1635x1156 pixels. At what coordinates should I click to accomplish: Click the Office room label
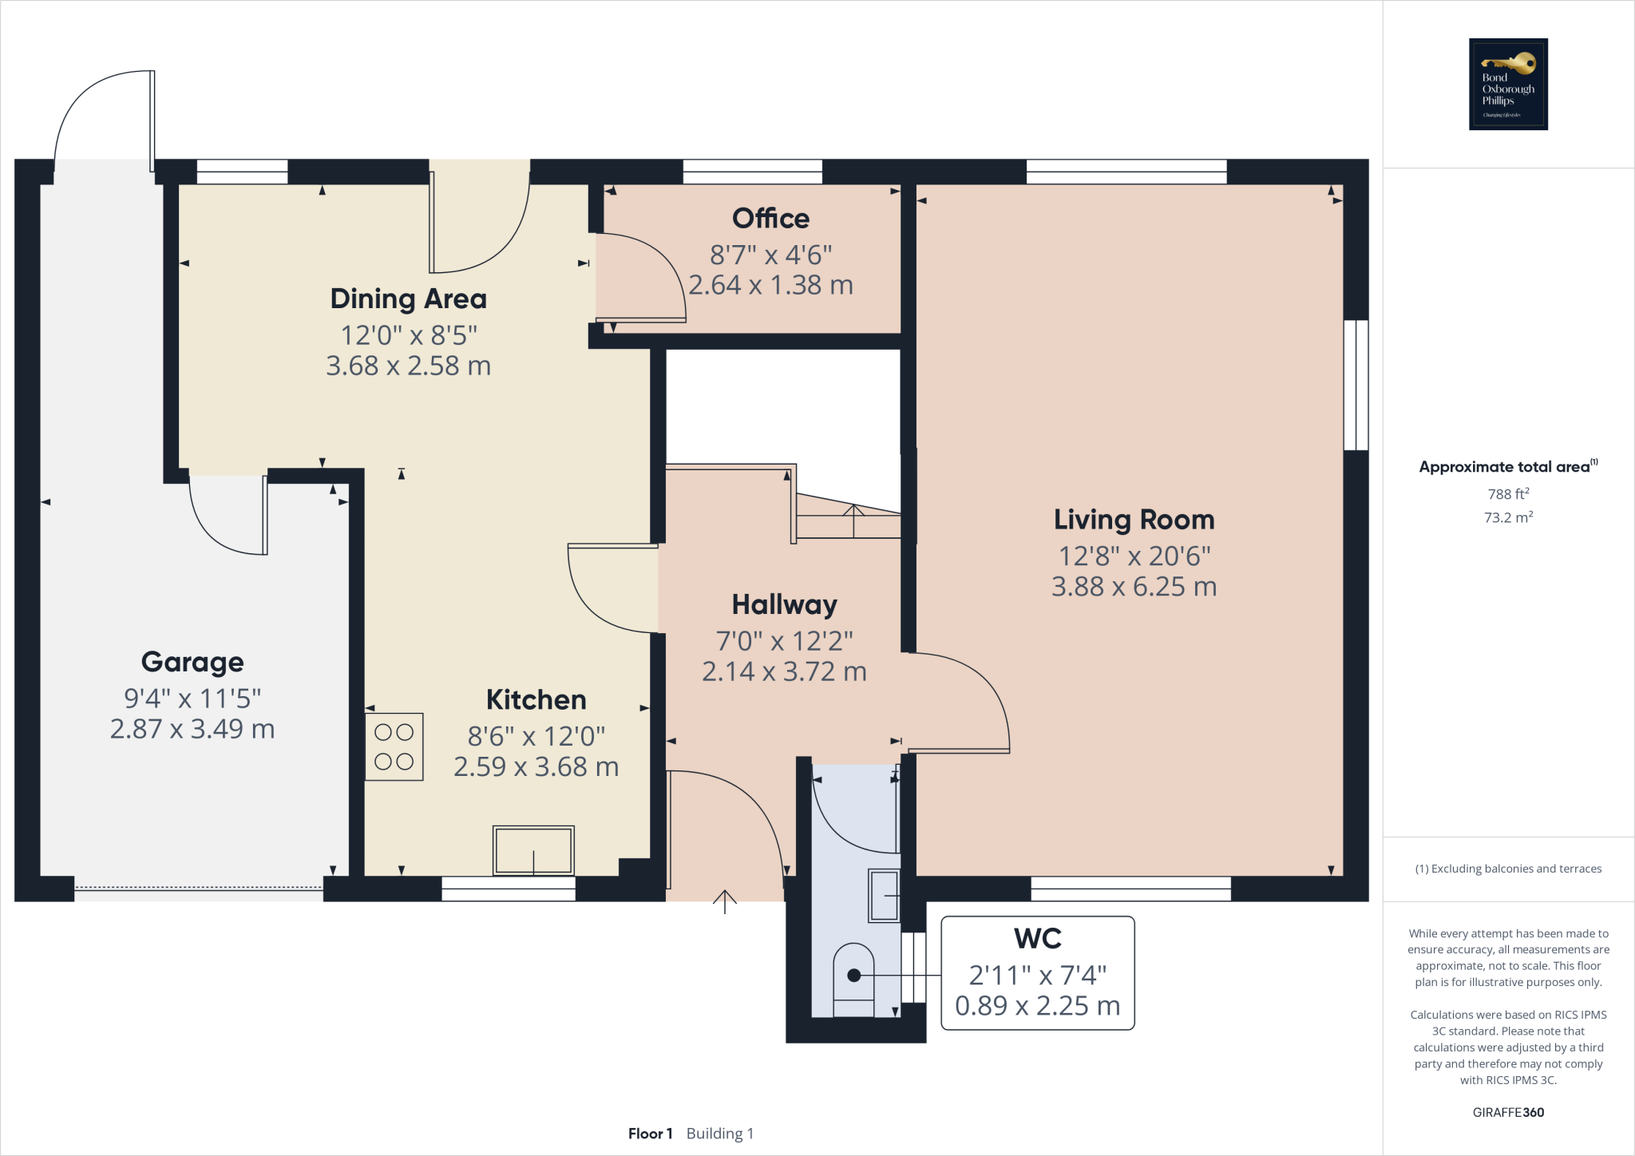770,219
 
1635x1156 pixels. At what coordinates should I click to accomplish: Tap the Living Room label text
1134,520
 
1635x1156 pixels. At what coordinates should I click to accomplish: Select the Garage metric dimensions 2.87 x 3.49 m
192,729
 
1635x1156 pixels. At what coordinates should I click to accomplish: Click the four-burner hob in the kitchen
394,746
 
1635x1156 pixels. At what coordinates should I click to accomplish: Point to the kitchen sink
533,850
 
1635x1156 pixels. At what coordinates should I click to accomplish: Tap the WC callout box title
1037,939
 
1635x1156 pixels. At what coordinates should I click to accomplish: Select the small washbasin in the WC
884,896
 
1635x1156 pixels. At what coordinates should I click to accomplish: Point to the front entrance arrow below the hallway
724,902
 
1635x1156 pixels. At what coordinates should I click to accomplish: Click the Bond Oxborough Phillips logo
1508,84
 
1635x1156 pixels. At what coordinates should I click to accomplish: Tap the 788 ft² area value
1508,494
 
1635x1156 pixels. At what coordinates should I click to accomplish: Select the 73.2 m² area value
1508,517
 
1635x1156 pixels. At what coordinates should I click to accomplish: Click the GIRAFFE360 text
1508,1112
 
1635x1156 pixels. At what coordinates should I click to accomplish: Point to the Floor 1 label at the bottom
650,1134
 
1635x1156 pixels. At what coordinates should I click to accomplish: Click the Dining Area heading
408,299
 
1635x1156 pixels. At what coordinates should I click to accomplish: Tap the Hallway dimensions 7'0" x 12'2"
784,641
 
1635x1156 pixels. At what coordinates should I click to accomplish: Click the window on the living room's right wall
1356,386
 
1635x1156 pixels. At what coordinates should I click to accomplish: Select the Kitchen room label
536,700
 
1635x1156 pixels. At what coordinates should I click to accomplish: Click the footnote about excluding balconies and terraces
1508,869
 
